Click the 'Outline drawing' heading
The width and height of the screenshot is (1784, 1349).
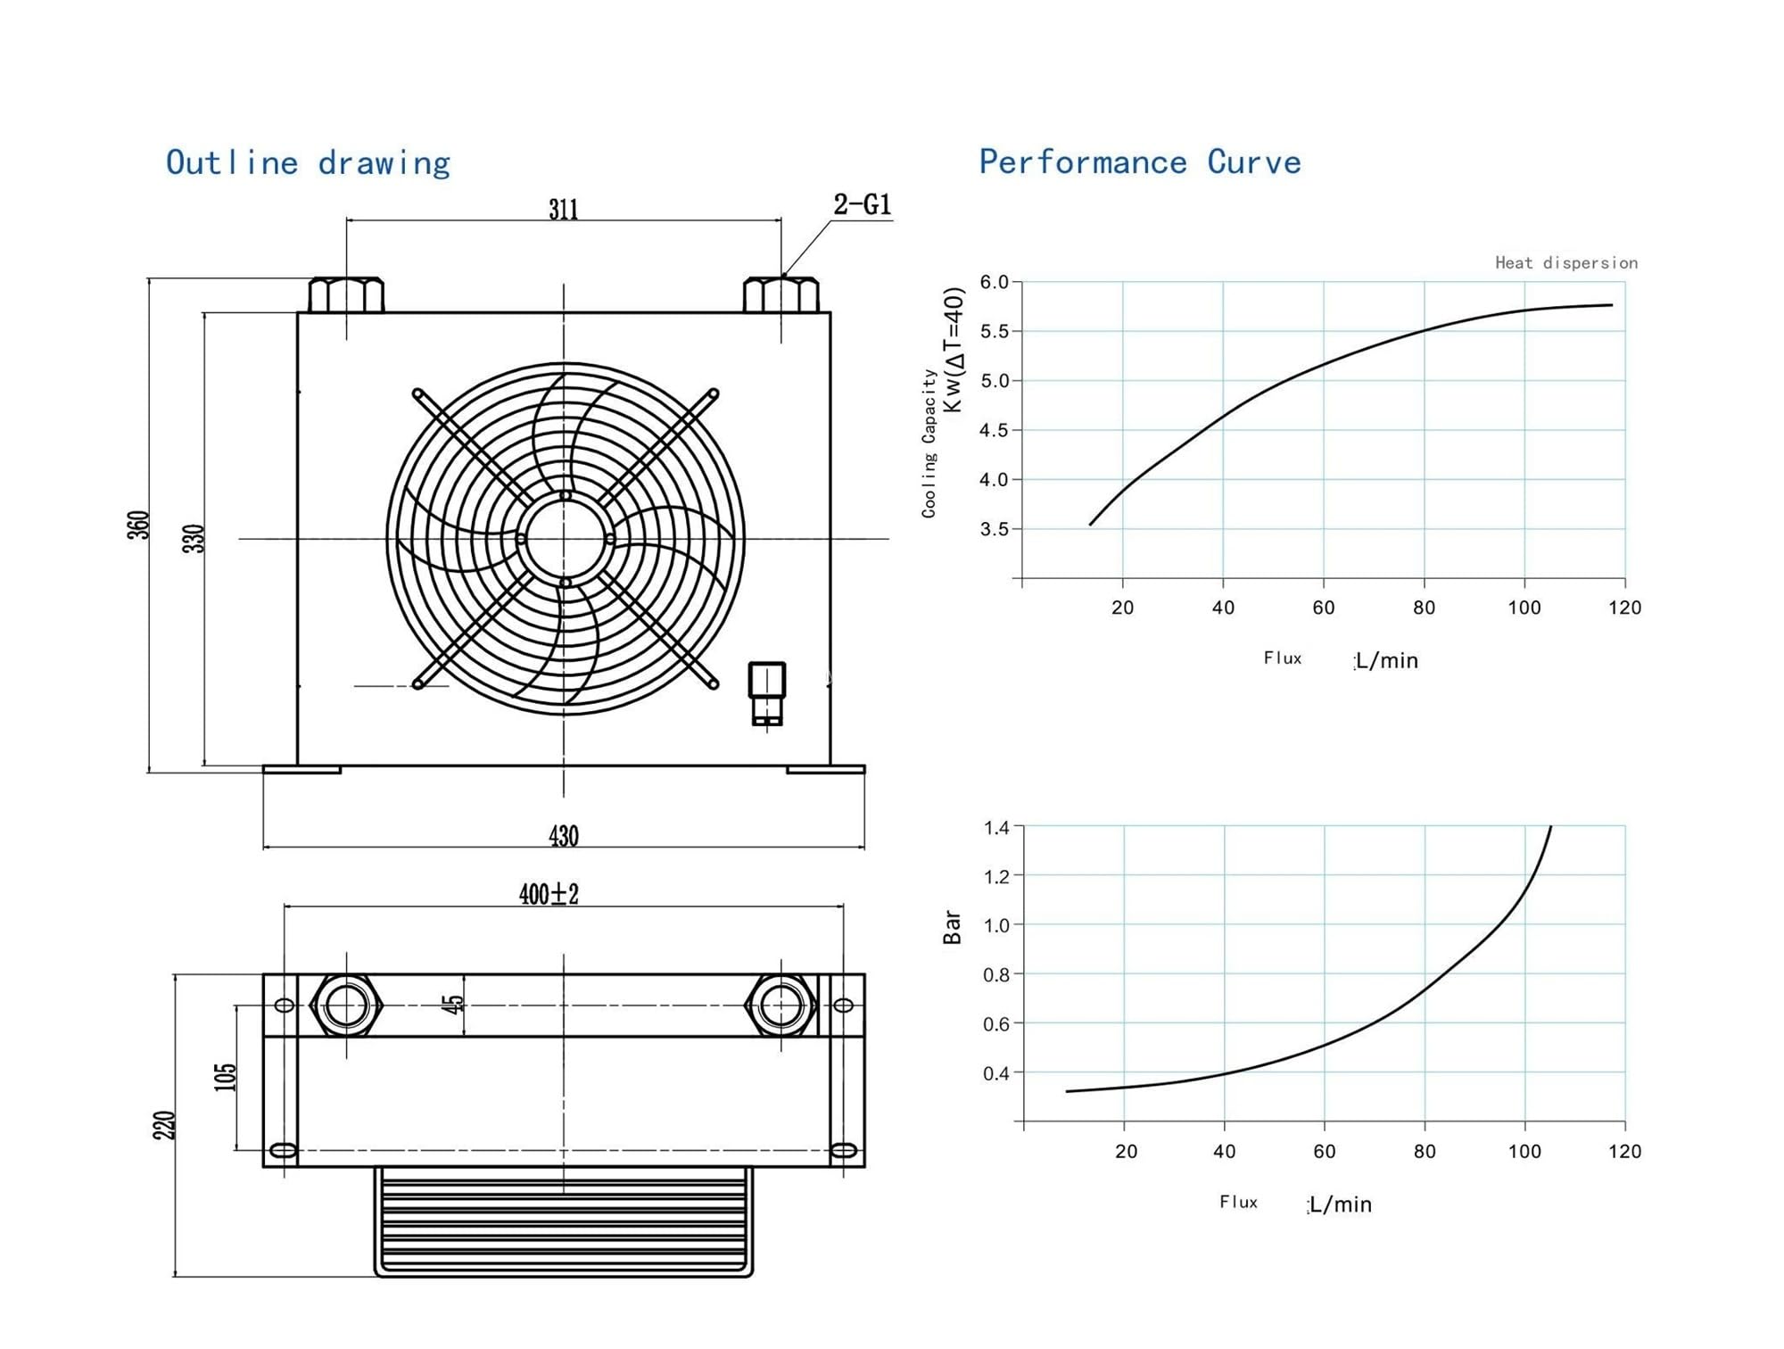(x=308, y=163)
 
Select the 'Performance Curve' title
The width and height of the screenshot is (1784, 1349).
(x=1140, y=162)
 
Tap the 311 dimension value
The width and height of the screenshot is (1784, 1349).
(x=563, y=209)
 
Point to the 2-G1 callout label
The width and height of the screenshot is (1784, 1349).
(x=862, y=204)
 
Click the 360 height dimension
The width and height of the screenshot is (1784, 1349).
(x=138, y=525)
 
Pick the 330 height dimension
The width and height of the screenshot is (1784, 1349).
(x=194, y=538)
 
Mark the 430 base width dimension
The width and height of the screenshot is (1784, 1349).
(x=563, y=836)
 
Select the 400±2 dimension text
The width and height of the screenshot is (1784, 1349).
(x=549, y=894)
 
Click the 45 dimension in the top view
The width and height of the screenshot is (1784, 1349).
(x=453, y=1005)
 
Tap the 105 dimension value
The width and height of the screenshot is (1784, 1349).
(x=226, y=1077)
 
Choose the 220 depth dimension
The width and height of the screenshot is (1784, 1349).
(x=164, y=1125)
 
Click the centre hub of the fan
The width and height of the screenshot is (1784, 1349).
(x=565, y=539)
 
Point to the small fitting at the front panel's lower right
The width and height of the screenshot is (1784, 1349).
(x=766, y=693)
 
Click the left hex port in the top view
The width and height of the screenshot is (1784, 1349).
(x=346, y=1006)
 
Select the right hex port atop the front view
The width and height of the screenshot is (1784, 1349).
(x=781, y=294)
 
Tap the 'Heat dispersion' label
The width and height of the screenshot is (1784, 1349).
(x=1566, y=262)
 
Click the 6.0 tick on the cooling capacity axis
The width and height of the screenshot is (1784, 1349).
(x=994, y=282)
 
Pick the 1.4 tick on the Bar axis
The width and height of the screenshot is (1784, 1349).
(x=996, y=827)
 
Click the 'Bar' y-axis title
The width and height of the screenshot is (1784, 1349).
(x=952, y=927)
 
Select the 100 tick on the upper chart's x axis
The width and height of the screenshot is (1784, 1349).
(x=1524, y=608)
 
